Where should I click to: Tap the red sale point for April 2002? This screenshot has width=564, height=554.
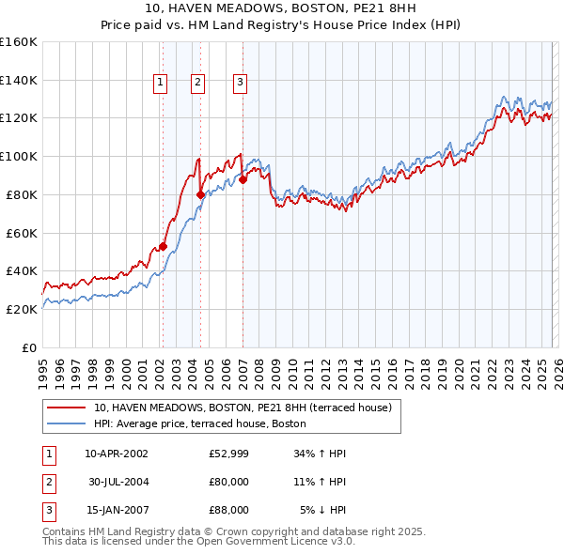pyautogui.click(x=163, y=246)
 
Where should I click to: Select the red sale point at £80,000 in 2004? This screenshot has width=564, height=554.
pyautogui.click(x=201, y=194)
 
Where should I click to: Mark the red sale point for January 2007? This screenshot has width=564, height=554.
pyautogui.click(x=243, y=179)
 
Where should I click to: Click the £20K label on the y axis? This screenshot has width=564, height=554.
pyautogui.click(x=20, y=309)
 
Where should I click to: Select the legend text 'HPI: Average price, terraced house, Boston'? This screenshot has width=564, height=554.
pyautogui.click(x=199, y=423)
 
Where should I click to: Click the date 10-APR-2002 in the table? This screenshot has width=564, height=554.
pyautogui.click(x=116, y=454)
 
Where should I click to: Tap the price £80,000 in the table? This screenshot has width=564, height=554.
pyautogui.click(x=228, y=482)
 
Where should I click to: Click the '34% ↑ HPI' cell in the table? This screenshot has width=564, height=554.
pyautogui.click(x=320, y=454)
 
